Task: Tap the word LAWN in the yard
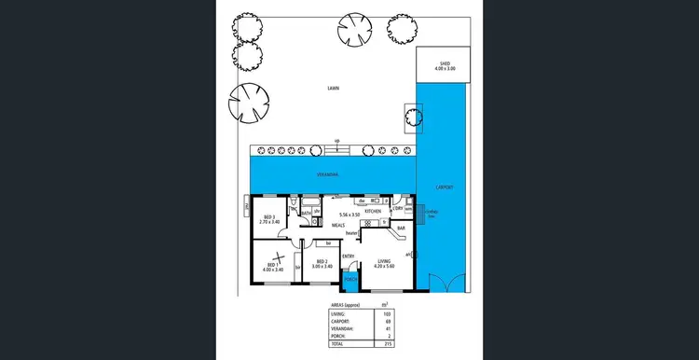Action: click(333, 90)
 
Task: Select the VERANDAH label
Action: click(326, 174)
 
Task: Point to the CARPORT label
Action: click(445, 187)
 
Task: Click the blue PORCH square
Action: click(351, 279)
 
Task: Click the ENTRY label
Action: click(349, 256)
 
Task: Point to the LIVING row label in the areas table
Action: click(338, 314)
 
